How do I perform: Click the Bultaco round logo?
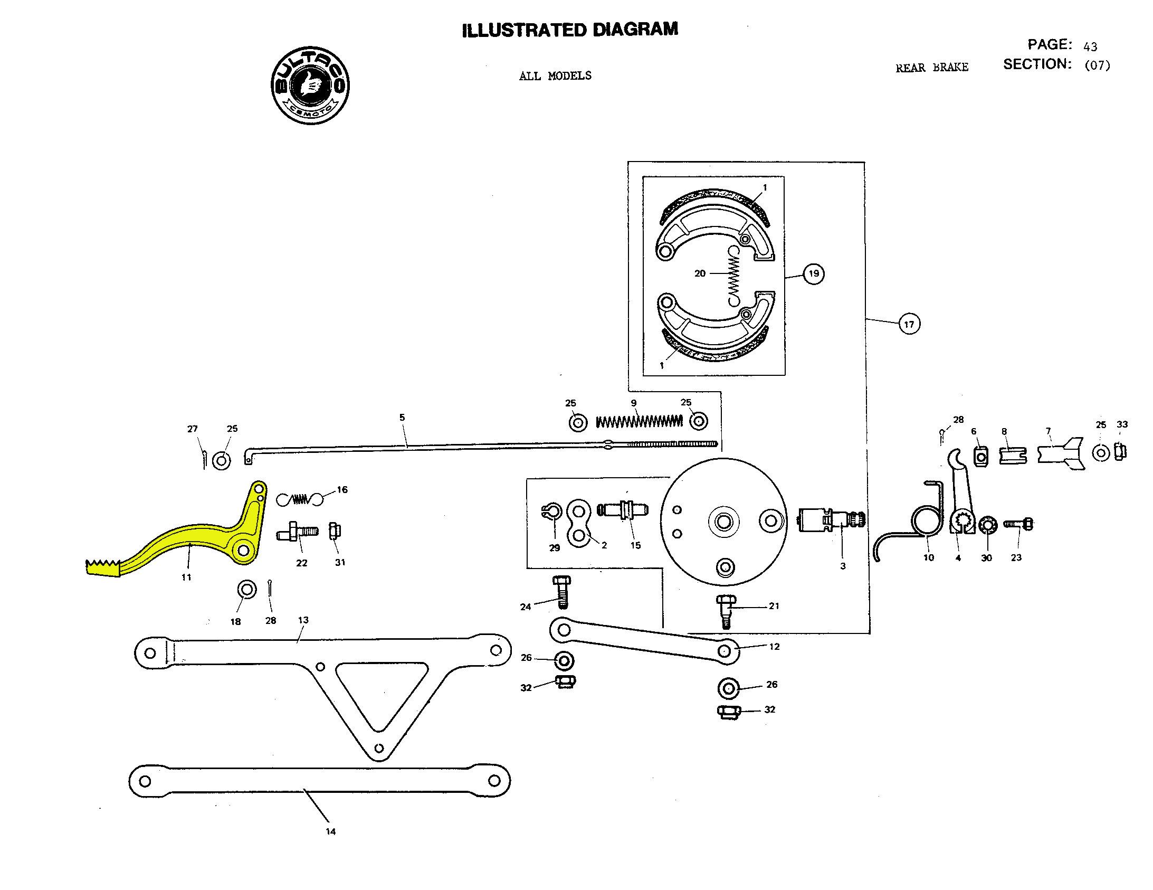click(x=310, y=85)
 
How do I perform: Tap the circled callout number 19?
click(x=814, y=273)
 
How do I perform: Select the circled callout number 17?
click(x=909, y=324)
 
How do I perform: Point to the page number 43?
click(x=1090, y=46)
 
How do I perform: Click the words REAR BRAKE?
click(x=932, y=68)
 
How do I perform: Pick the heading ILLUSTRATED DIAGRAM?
click(x=570, y=30)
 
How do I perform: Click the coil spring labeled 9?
click(x=639, y=421)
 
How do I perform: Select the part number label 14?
click(x=330, y=831)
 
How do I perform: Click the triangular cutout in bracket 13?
click(x=381, y=692)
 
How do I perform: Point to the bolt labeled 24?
click(x=561, y=592)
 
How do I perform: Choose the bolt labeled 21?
click(x=726, y=610)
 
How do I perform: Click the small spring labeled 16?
click(x=300, y=499)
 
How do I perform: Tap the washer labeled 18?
click(x=246, y=590)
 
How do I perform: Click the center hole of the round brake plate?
click(x=723, y=522)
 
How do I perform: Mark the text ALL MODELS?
click(x=555, y=76)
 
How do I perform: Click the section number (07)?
click(x=1097, y=65)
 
